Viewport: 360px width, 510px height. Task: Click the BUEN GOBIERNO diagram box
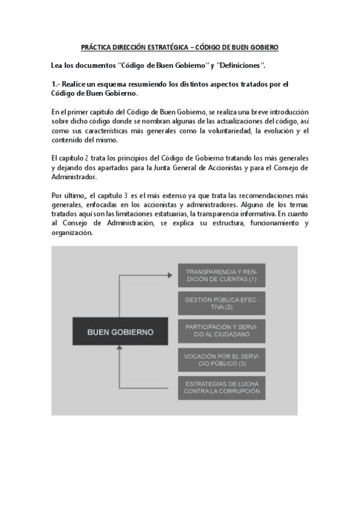120,331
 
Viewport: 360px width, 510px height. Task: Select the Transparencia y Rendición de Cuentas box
222,276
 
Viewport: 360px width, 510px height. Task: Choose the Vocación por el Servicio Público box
222,359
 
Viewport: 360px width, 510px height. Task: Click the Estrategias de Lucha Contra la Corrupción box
222,387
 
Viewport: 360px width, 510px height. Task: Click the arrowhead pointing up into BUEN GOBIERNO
120,351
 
